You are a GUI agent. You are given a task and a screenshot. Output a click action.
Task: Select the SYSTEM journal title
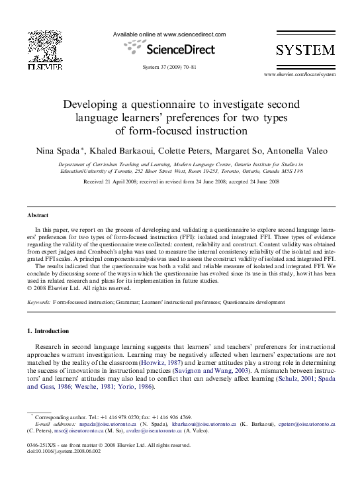click(x=305, y=51)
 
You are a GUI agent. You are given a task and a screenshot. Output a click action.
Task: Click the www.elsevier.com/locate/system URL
click(x=299, y=75)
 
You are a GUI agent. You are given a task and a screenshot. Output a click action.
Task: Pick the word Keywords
click(x=38, y=302)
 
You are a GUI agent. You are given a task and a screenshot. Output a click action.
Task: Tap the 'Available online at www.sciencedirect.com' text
click(x=169, y=34)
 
